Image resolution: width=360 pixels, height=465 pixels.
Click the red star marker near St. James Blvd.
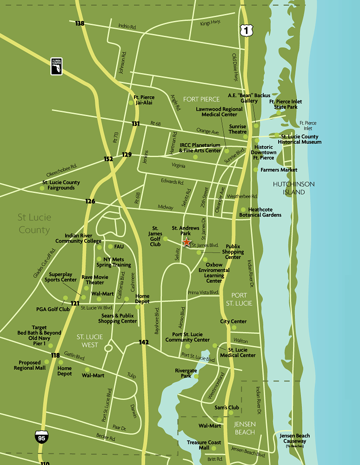187,242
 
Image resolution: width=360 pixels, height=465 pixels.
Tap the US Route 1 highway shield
245,30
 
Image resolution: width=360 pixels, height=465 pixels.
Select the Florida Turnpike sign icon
56,66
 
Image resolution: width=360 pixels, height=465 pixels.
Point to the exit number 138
80,23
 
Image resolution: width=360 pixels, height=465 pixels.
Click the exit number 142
144,342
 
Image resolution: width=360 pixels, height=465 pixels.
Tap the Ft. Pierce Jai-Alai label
143,100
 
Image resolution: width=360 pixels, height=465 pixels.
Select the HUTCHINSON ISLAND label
293,188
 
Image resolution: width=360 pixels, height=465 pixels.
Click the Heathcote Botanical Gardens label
260,212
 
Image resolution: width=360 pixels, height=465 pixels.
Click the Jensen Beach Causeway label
294,438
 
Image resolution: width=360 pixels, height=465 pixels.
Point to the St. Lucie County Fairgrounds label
61,185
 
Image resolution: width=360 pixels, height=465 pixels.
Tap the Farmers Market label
279,170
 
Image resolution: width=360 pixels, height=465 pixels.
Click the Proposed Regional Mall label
33,365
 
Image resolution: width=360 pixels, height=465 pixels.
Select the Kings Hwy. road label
210,22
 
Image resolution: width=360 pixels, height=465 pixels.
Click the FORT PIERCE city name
201,99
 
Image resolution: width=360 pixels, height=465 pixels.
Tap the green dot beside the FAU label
110,246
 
